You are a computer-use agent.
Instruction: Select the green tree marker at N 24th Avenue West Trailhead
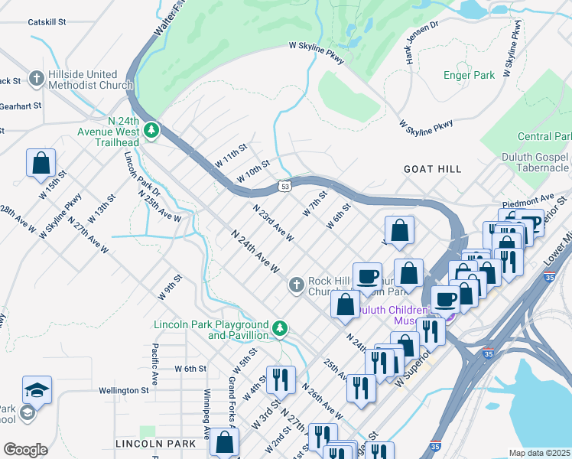[x=152, y=131]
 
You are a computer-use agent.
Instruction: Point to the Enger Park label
[x=469, y=75]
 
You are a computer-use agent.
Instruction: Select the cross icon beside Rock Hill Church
[x=297, y=285]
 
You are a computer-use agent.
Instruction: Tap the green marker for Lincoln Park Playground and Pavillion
[x=281, y=328]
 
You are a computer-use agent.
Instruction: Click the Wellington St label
[x=123, y=390]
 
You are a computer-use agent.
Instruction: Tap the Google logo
[x=25, y=450]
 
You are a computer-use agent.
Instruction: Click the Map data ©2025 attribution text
[x=538, y=453]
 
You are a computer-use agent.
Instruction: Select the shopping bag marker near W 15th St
[x=41, y=163]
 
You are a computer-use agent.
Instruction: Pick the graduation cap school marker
[x=37, y=390]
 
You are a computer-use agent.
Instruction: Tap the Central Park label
[x=544, y=137]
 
